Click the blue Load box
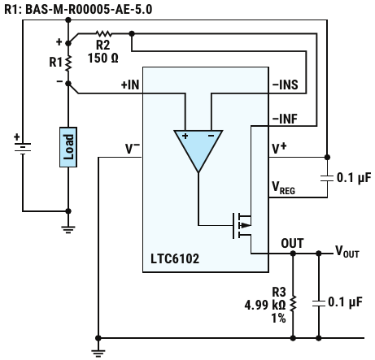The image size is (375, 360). tap(68, 147)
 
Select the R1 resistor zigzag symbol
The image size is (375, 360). tap(68, 63)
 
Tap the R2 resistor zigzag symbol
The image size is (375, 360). tap(103, 34)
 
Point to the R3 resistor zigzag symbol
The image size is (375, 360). tap(293, 304)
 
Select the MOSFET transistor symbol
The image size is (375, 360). tap(242, 225)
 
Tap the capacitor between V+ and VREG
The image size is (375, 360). tap(327, 178)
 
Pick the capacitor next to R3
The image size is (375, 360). tap(319, 303)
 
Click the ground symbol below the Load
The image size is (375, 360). tap(68, 229)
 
